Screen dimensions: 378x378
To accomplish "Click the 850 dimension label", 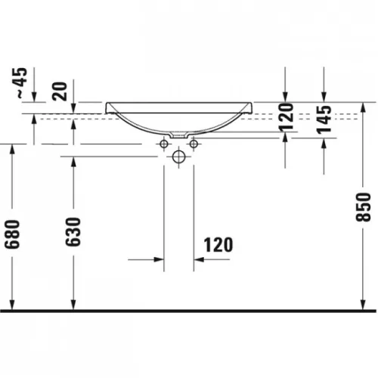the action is click(x=363, y=207).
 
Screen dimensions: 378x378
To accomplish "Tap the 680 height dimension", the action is click(x=12, y=234).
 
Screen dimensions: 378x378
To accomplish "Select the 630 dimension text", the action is click(x=73, y=232).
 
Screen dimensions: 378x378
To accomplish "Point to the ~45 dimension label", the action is click(x=22, y=83).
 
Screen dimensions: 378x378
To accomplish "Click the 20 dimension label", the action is click(x=60, y=91).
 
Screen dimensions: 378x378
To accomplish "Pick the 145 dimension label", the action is click(x=324, y=119).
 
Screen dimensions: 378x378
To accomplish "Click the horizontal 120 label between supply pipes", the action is click(x=218, y=245).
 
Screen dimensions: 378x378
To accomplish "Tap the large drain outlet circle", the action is click(x=178, y=156).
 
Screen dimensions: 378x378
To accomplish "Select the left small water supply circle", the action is click(x=164, y=144).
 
